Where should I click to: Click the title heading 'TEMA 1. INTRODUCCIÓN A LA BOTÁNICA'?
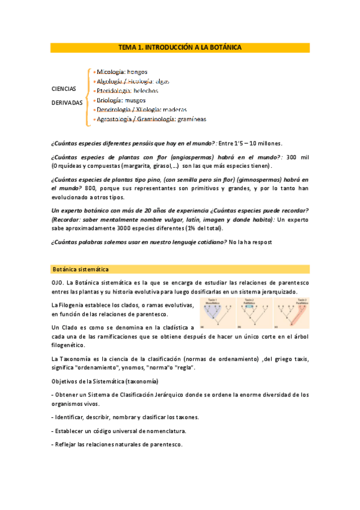coord(180,48)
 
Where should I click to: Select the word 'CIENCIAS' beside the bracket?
coord(63,89)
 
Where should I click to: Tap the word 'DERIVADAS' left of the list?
coord(67,103)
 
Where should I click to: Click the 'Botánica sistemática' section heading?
coord(80,269)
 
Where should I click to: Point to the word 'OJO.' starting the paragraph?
coord(59,282)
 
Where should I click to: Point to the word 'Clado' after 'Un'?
coord(72,327)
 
